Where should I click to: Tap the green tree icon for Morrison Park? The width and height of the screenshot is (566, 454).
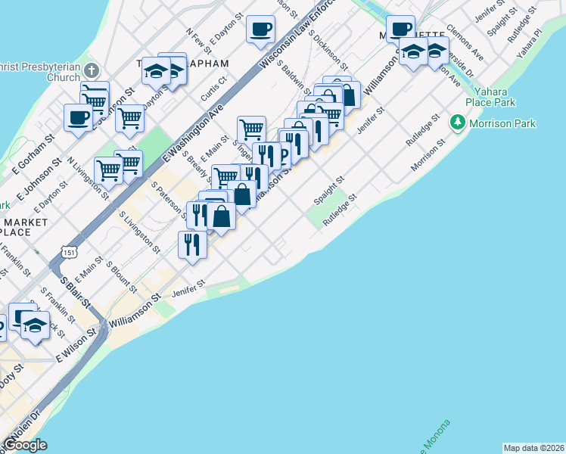coord(457,123)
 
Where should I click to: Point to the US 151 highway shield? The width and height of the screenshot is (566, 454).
coord(69,251)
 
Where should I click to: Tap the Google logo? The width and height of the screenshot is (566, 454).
coord(26,444)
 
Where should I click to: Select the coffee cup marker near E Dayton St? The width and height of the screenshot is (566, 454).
coord(260,30)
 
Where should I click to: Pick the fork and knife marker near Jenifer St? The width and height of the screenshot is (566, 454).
coord(192,244)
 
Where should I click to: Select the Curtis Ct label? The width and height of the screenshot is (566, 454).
coord(214,88)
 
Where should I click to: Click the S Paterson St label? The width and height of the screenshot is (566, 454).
coord(170,198)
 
